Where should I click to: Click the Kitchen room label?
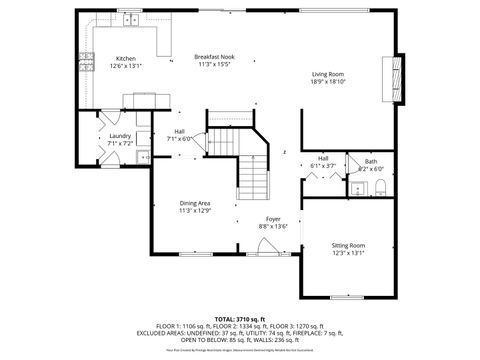click(125, 58)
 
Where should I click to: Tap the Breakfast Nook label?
click(213, 58)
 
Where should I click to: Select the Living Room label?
click(328, 74)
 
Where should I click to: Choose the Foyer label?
click(273, 218)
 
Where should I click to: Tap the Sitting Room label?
click(349, 245)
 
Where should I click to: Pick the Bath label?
click(370, 161)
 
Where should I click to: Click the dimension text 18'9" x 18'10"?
click(328, 82)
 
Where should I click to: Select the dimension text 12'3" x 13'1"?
click(349, 253)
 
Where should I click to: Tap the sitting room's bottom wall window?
click(349, 298)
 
